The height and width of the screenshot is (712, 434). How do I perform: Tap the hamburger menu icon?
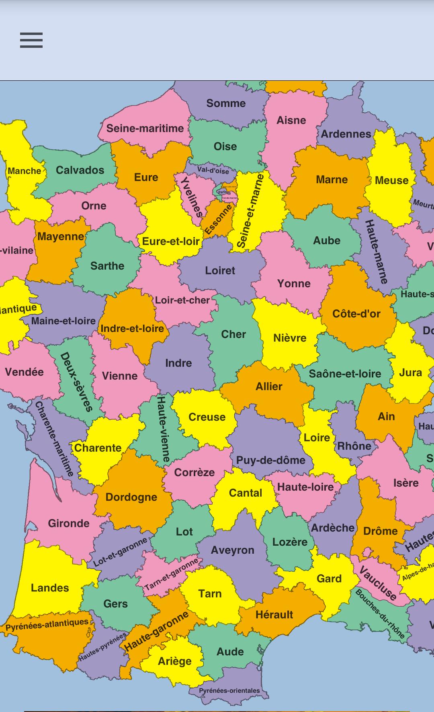(31, 40)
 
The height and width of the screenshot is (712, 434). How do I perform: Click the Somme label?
(226, 103)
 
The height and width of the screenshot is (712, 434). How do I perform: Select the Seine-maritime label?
(145, 129)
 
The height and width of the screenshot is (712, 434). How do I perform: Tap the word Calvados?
(80, 170)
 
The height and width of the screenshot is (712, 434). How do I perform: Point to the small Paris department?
(222, 192)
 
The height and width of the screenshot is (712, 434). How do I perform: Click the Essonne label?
(218, 219)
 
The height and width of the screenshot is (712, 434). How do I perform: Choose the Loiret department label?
(220, 270)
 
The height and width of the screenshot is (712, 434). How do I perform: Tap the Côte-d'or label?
(356, 314)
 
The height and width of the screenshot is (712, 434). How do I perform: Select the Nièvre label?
(290, 338)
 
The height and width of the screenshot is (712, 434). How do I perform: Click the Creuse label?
(207, 417)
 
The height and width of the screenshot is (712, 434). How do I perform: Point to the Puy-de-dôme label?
(270, 460)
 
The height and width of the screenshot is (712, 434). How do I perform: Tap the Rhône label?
(354, 446)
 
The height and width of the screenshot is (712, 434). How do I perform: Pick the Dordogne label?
(131, 497)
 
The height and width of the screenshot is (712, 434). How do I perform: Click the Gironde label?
(69, 523)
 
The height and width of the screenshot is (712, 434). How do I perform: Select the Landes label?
(50, 588)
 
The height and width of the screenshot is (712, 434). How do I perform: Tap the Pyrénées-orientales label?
(229, 690)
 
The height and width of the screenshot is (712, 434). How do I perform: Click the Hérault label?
(274, 614)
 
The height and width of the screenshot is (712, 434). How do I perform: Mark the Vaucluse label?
(377, 583)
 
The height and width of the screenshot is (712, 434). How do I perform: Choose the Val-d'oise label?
(213, 170)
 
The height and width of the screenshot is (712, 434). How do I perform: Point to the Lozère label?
(290, 542)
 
